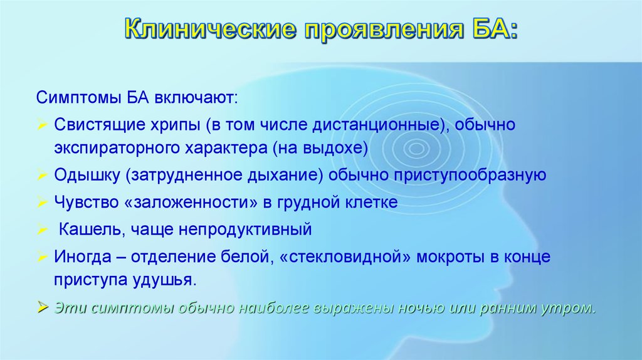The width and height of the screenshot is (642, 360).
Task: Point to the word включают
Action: point(196,98)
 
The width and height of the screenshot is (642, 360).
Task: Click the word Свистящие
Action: point(100,125)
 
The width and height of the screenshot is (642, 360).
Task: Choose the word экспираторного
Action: point(117,148)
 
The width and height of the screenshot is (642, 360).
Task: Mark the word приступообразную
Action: point(470,175)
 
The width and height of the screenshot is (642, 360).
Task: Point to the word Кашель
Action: point(92,230)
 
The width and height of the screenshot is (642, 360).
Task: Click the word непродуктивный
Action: point(245,230)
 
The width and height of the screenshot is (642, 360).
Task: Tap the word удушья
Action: point(165,280)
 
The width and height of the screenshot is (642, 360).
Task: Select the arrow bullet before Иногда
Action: point(42,257)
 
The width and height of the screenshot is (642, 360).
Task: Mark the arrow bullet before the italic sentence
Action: point(42,307)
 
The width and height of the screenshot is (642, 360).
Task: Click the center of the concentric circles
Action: point(416,148)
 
